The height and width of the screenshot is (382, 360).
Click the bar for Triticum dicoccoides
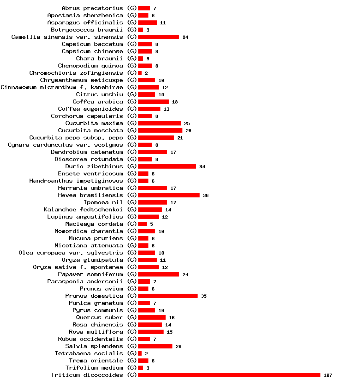pyautogui.click(x=229, y=375)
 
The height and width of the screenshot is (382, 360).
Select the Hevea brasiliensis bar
pyautogui.click(x=168, y=195)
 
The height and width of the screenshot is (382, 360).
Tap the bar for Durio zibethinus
pyautogui.click(x=167, y=166)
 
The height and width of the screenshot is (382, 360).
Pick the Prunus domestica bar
pyautogui.click(x=168, y=296)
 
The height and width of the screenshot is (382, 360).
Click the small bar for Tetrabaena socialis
pyautogui.click(x=140, y=353)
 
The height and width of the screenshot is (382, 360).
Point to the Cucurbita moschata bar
pyautogui.click(x=160, y=130)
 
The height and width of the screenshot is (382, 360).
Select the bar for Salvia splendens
pyautogui.click(x=155, y=346)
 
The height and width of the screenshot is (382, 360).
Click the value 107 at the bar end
pyautogui.click(x=328, y=375)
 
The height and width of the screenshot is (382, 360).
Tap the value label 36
pyautogui.click(x=206, y=195)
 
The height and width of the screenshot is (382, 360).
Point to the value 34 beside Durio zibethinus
pyautogui.click(x=202, y=167)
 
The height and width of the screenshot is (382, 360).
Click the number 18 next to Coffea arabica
pyautogui.click(x=175, y=102)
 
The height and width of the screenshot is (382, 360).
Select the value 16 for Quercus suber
pyautogui.click(x=172, y=318)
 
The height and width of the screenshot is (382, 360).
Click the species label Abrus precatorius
pyautogui.click(x=92, y=8)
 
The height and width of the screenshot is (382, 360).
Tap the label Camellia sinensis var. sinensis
pyautogui.click(x=67, y=37)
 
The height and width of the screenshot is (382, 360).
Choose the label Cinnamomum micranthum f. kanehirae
pyautogui.click(x=62, y=87)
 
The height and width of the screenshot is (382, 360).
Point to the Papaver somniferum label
pyautogui.click(x=90, y=274)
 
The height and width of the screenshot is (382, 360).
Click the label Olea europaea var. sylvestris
pyautogui.click(x=71, y=253)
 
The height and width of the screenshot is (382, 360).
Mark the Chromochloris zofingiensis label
pyautogui.click(x=76, y=73)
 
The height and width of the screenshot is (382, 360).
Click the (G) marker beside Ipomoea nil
pyautogui.click(x=132, y=202)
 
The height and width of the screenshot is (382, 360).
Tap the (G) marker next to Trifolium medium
pyautogui.click(x=132, y=368)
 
